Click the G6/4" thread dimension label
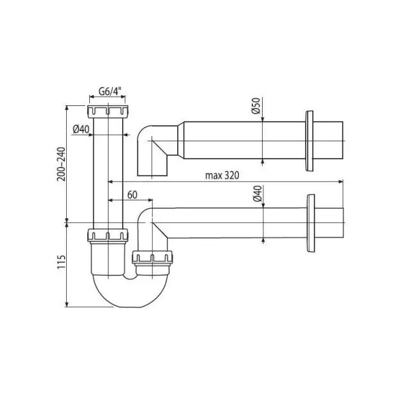pyautogui.click(x=110, y=91)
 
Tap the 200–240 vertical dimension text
pyautogui.click(x=62, y=164)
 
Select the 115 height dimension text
pyautogui.click(x=61, y=262)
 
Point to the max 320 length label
pyautogui.click(x=222, y=175)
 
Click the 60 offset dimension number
pyautogui.click(x=132, y=195)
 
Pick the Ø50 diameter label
pyautogui.click(x=256, y=105)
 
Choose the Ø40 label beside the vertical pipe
pyautogui.click(x=81, y=129)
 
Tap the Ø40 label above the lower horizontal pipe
pyautogui.click(x=258, y=193)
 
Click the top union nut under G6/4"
pyautogui.click(x=108, y=111)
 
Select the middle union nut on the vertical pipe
pyautogui.click(x=108, y=235)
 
